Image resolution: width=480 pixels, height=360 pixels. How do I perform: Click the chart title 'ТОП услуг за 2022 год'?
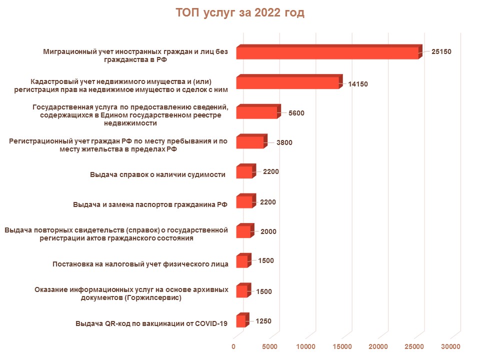(240, 13)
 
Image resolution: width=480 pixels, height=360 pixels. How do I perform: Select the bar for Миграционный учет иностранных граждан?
(327, 53)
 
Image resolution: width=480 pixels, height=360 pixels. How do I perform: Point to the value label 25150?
(441, 51)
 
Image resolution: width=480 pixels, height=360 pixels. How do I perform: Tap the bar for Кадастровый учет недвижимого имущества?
(288, 83)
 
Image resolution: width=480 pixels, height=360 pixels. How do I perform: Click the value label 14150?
(358, 84)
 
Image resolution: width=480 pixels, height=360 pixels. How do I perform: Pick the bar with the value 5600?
(256, 112)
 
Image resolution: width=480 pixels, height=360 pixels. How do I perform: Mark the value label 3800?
(284, 142)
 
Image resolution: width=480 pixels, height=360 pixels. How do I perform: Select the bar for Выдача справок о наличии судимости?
(244, 172)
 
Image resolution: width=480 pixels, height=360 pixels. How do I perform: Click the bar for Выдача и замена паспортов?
(244, 202)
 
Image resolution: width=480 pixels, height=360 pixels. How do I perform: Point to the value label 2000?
(268, 232)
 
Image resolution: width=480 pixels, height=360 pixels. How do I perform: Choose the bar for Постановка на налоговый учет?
(242, 261)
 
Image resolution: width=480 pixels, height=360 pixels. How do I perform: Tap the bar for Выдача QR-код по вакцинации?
(241, 321)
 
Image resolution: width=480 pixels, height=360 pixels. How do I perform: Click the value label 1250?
(263, 321)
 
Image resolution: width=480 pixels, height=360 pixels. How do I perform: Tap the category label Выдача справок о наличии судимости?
(158, 174)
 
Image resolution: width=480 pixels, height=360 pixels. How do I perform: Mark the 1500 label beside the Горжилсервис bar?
(263, 291)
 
